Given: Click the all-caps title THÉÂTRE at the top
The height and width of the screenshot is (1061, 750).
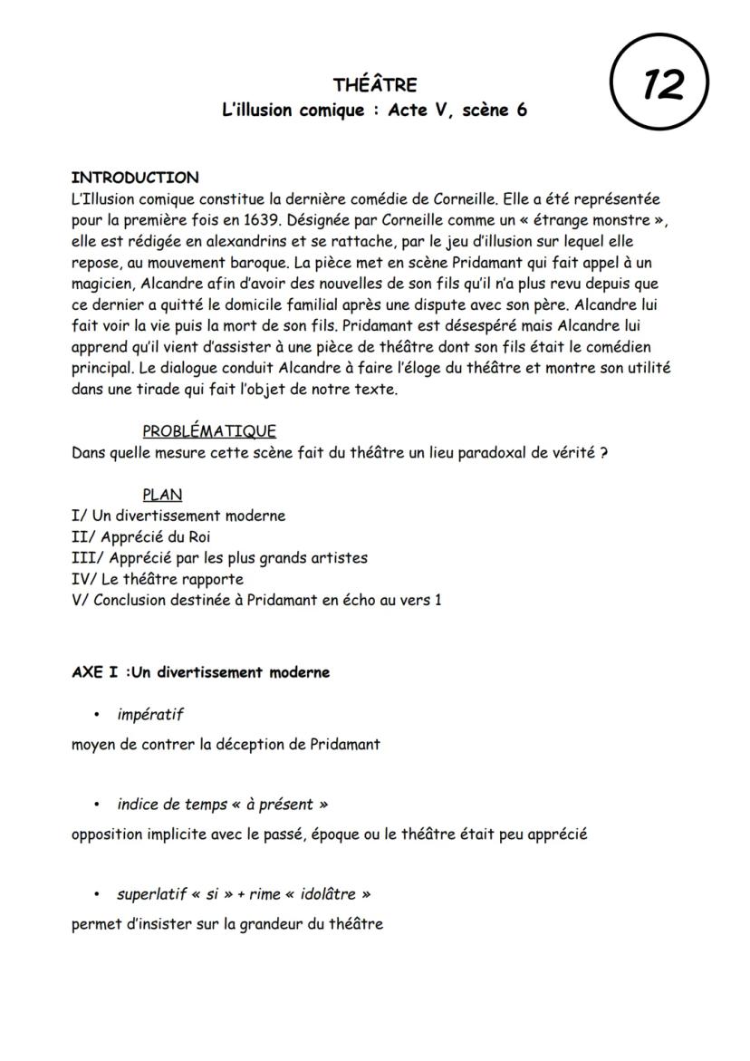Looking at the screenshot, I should click(375, 85).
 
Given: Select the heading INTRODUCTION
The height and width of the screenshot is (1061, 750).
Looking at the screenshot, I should click(135, 178).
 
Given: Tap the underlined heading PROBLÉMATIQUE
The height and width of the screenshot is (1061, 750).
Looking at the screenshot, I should click(209, 431).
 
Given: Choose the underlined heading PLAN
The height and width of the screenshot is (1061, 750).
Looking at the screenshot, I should click(162, 495).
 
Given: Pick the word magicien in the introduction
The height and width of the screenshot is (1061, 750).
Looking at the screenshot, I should click(101, 283).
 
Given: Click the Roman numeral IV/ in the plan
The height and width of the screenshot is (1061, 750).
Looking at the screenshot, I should click(83, 579).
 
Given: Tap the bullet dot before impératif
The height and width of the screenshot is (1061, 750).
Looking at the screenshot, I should click(96, 716).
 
